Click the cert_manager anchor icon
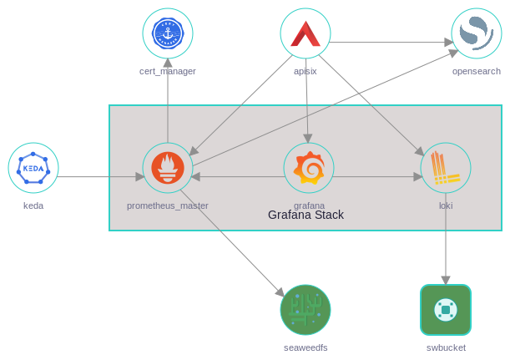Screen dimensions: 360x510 (168, 33)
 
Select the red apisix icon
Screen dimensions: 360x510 (305, 33)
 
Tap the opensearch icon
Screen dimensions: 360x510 (477, 33)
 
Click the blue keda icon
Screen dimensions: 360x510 (33, 168)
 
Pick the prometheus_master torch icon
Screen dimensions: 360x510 (168, 168)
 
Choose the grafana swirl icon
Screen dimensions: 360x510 (309, 168)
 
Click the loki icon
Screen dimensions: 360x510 (446, 168)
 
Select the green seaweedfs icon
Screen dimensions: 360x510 (305, 310)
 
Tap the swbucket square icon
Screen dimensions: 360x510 (446, 310)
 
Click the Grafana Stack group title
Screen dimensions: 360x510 (305, 215)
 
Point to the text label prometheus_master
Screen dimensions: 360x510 (168, 205)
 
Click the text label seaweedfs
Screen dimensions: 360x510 (305, 347)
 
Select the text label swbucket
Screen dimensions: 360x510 (446, 347)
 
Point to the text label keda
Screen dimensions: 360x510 (33, 205)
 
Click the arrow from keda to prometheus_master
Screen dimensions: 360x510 (100, 176)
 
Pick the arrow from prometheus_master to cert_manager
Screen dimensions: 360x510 (168, 100)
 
